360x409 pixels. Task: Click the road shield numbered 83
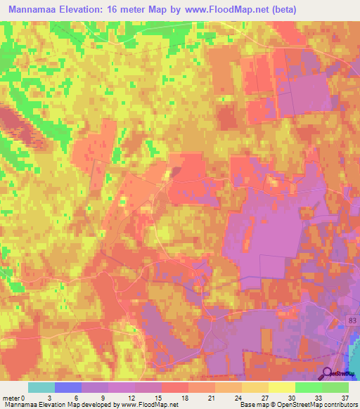coord(351,320)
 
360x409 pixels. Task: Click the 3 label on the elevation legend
coord(56,397)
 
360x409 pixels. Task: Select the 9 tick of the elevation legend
coord(109,397)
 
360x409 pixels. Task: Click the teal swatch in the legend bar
coord(41,387)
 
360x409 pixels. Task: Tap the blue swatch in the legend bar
coord(68,387)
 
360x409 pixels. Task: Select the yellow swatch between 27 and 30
coord(282,387)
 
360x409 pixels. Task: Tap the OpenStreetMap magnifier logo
coord(328,373)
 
